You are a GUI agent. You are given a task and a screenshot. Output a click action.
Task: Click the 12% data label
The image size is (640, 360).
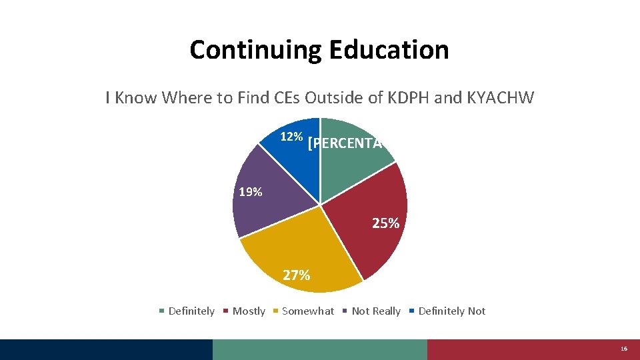pyautogui.click(x=291, y=137)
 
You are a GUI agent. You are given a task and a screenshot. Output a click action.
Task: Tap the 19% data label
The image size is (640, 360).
pyautogui.click(x=251, y=193)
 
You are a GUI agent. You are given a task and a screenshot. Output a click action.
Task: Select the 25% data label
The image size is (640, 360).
pyautogui.click(x=386, y=224)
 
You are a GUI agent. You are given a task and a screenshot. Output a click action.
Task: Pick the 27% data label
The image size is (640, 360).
pyautogui.click(x=296, y=275)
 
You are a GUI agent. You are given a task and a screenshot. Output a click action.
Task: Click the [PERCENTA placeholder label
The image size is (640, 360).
pyautogui.click(x=345, y=143)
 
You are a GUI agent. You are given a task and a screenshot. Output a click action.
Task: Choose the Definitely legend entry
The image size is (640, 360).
pyautogui.click(x=191, y=311)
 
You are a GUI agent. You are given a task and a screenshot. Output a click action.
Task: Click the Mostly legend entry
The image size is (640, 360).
pyautogui.click(x=249, y=311)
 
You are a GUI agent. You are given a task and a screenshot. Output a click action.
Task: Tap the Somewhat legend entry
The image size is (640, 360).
pyautogui.click(x=308, y=311)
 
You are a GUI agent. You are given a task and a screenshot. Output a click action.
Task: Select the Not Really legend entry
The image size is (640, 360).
pyautogui.click(x=376, y=311)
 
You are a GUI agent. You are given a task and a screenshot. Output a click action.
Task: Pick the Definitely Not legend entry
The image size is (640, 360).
pyautogui.click(x=452, y=311)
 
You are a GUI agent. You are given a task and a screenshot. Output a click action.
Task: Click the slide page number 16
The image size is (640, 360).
pyautogui.click(x=624, y=349)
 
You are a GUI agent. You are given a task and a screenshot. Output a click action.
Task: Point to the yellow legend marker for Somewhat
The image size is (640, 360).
pyautogui.click(x=276, y=311)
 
